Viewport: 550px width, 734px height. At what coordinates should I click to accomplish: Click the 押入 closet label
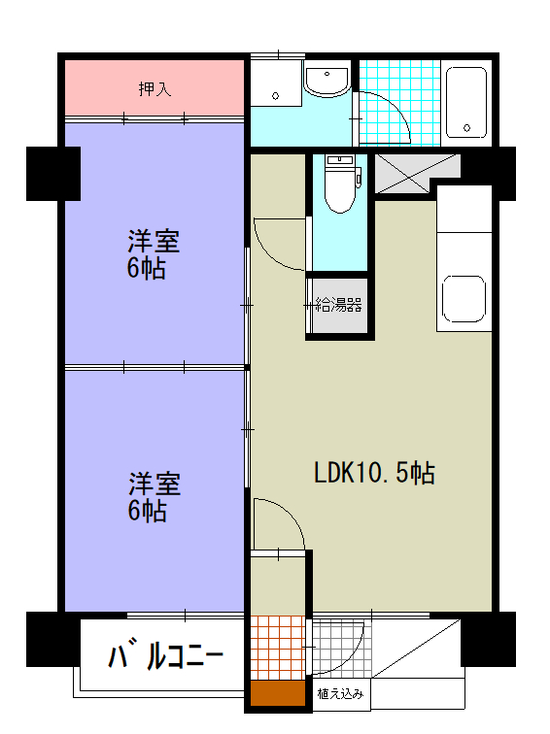click(x=155, y=89)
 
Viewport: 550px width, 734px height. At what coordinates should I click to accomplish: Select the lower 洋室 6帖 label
click(x=154, y=496)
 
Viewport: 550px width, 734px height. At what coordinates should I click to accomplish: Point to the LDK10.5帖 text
click(x=373, y=474)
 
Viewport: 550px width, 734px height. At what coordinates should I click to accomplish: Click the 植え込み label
click(x=340, y=693)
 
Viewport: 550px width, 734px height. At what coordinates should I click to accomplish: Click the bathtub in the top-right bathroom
click(x=466, y=101)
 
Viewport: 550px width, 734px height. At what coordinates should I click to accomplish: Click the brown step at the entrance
click(x=276, y=696)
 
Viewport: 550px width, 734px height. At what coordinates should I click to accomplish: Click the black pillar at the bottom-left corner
click(x=52, y=640)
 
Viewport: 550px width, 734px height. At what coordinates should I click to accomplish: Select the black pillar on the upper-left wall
click(x=52, y=172)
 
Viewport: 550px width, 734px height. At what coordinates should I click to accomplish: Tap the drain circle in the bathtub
click(x=468, y=127)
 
